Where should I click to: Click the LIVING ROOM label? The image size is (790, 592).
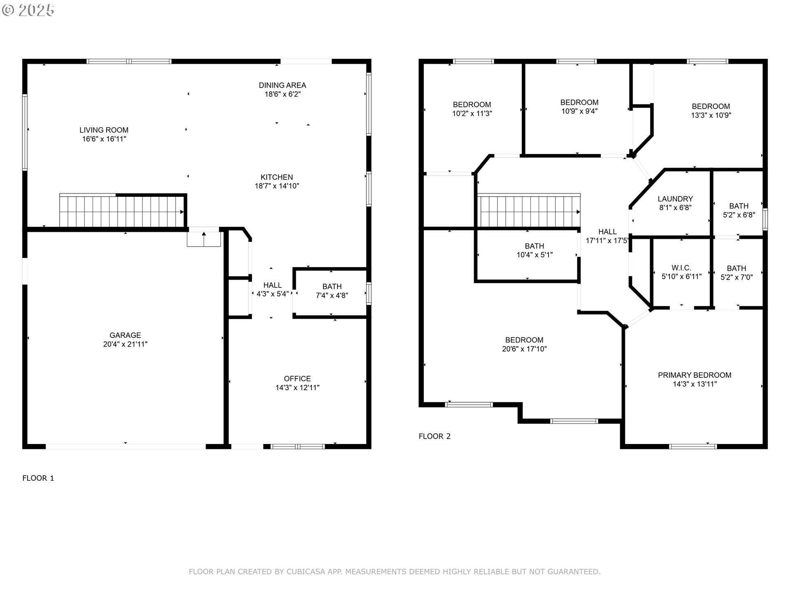tap(104, 130)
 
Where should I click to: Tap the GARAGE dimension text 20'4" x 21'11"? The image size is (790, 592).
tap(125, 345)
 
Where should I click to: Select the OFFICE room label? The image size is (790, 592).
tap(297, 379)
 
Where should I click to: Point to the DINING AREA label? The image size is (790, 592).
tap(282, 85)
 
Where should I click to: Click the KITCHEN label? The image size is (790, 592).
tap(277, 177)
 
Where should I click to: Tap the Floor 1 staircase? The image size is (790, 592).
tap(122, 210)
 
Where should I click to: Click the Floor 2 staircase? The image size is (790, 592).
tap(529, 210)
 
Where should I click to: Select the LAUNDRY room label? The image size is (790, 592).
tap(675, 199)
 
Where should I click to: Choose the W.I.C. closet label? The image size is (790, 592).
tap(681, 268)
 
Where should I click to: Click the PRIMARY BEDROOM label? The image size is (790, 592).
tap(695, 375)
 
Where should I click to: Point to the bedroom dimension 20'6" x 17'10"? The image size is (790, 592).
tap(525, 349)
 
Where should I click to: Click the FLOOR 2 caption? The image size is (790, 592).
tap(434, 436)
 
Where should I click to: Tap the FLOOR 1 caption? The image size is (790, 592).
tap(38, 478)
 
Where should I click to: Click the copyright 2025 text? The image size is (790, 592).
tap(28, 10)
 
